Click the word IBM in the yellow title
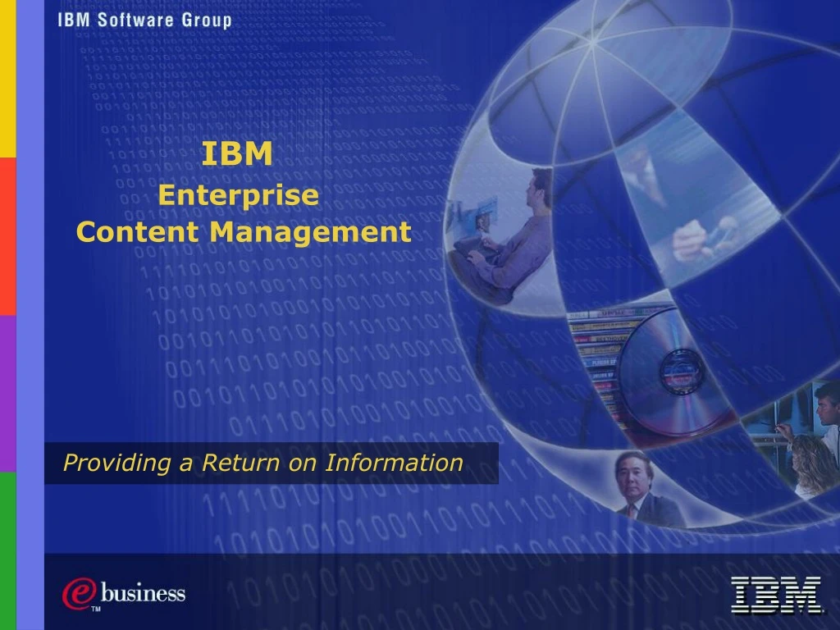[238, 154]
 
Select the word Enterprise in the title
[238, 195]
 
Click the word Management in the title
[309, 232]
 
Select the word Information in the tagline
[394, 463]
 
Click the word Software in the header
[135, 21]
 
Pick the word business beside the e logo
[143, 592]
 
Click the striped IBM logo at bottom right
[776, 595]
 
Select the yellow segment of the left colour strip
[7, 79]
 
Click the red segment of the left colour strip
[7, 236]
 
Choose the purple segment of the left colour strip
[7, 394]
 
